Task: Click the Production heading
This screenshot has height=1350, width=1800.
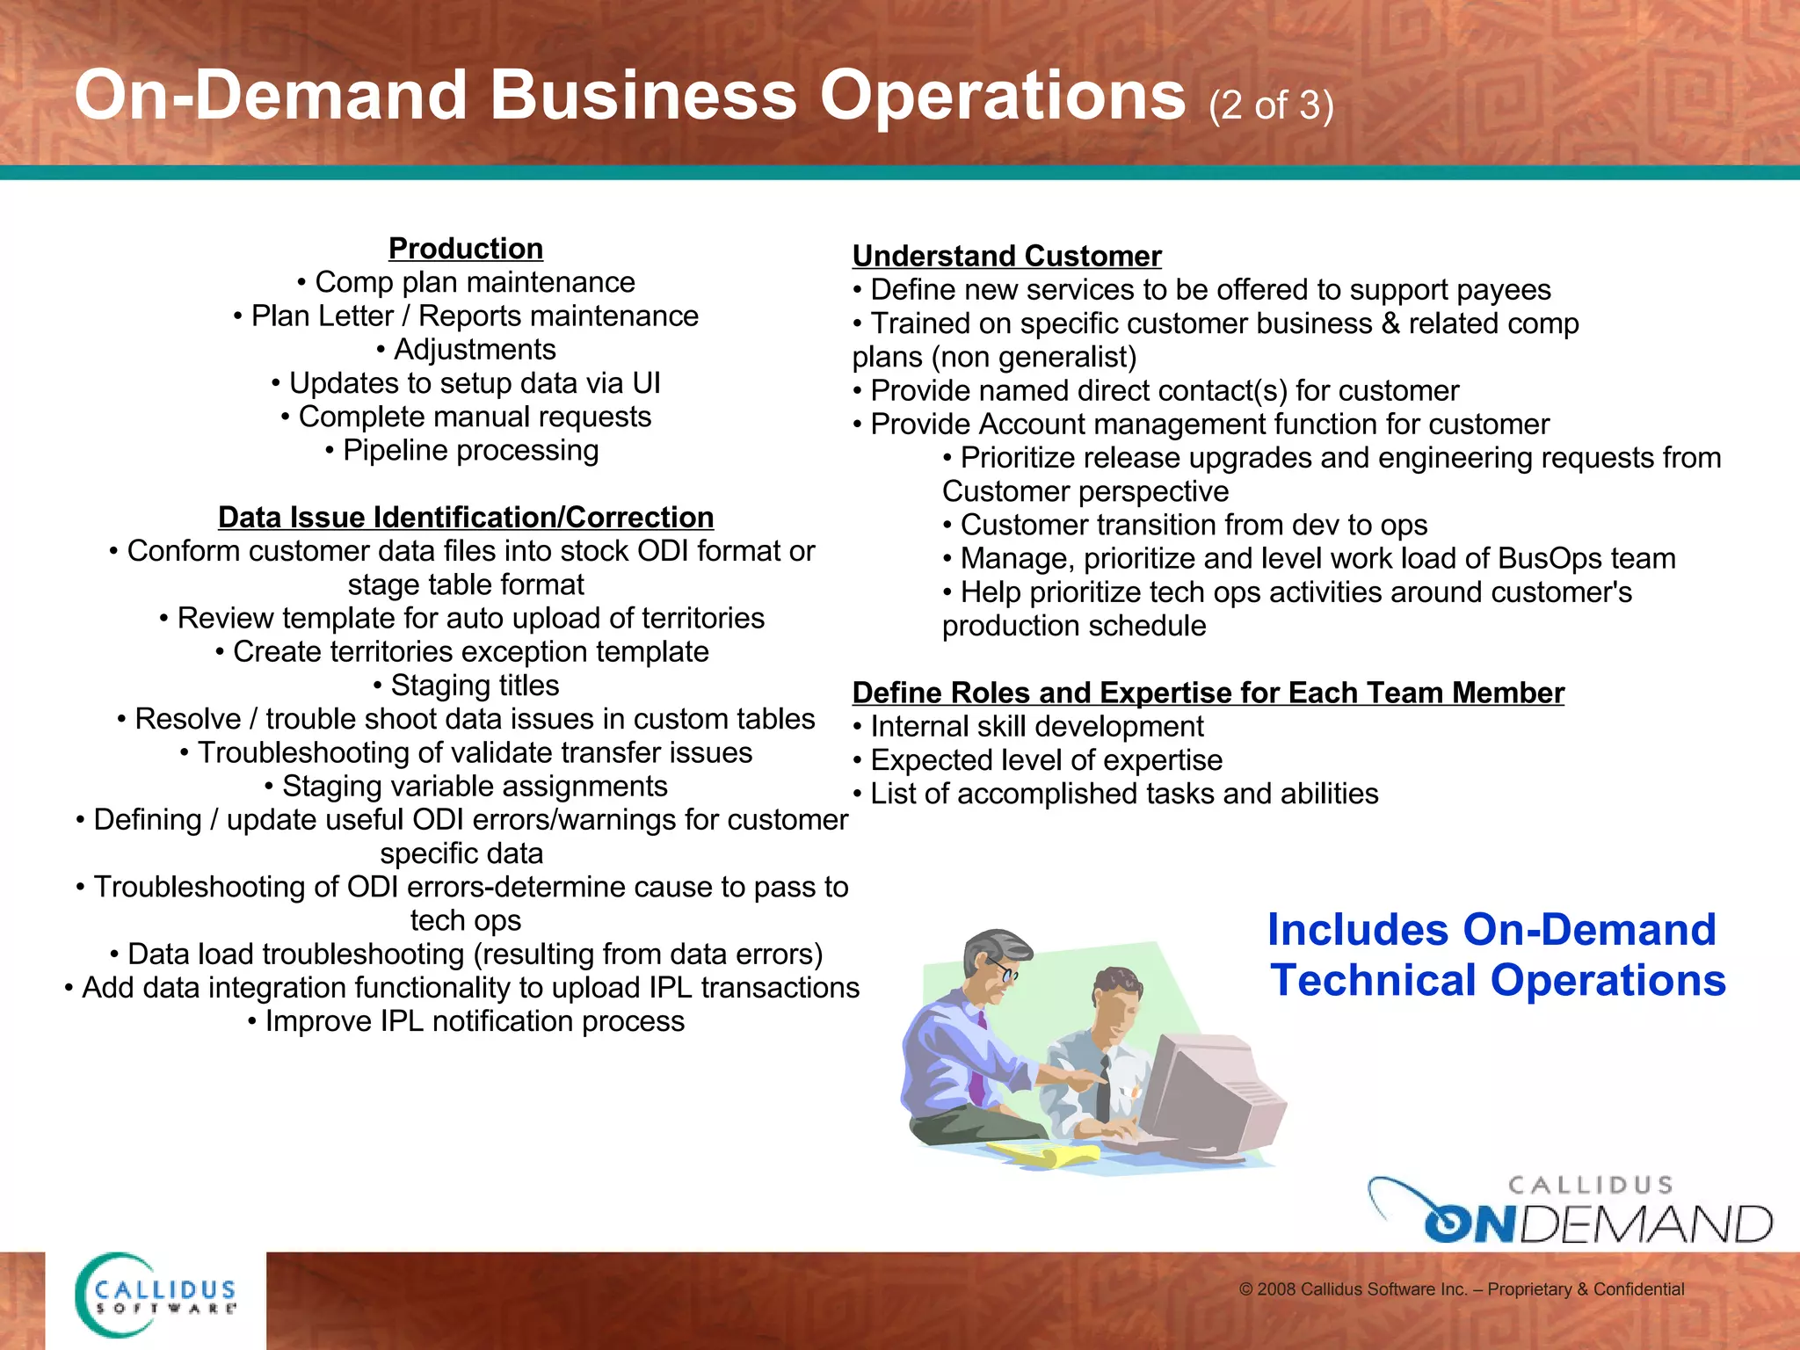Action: (x=466, y=249)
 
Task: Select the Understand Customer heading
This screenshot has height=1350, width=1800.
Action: (x=1006, y=256)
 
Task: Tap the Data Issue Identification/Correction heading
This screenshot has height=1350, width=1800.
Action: (x=466, y=517)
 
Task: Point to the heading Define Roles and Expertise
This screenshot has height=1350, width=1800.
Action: (x=1208, y=693)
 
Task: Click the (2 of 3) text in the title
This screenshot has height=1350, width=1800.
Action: (x=1271, y=105)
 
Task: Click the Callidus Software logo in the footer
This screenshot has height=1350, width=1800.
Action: (x=156, y=1296)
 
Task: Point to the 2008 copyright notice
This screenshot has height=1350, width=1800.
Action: (x=1461, y=1289)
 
